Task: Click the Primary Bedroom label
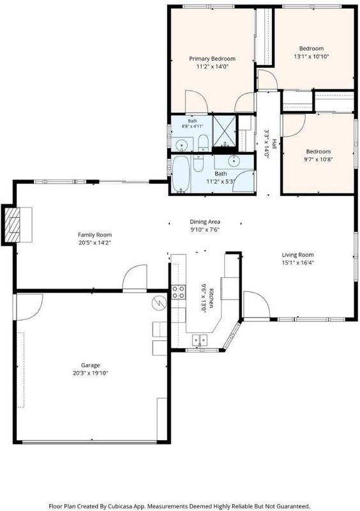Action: click(x=212, y=59)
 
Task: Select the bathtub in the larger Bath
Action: click(x=181, y=174)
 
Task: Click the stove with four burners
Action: click(x=179, y=292)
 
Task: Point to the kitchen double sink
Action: click(x=200, y=340)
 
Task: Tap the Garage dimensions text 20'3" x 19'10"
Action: click(x=90, y=373)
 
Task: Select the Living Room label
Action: click(x=298, y=255)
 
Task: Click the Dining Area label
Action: click(x=205, y=222)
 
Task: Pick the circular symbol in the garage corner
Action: click(x=159, y=303)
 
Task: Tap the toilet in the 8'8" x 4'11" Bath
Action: click(x=203, y=142)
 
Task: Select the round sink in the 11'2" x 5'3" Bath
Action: click(x=233, y=160)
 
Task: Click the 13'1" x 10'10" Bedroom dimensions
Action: click(x=311, y=56)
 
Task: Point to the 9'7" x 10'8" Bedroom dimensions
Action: click(x=319, y=159)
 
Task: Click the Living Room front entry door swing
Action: click(x=257, y=304)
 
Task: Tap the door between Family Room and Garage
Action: click(x=135, y=277)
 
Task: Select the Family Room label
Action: click(x=95, y=235)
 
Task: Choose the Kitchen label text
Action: click(x=211, y=298)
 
